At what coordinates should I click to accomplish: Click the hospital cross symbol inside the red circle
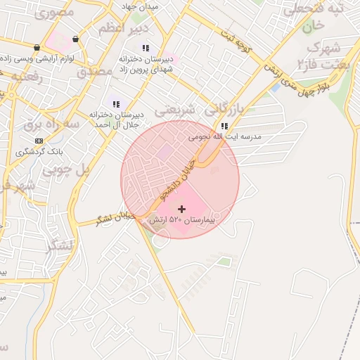[183, 209]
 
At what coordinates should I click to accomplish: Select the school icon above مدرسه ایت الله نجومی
[224, 127]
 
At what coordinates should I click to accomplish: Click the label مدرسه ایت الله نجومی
[224, 137]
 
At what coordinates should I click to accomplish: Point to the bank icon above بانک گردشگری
[39, 141]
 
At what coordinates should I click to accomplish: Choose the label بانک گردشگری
[39, 151]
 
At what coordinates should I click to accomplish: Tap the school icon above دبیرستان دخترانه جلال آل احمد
[116, 104]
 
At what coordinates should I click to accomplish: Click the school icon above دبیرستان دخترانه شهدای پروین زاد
[146, 48]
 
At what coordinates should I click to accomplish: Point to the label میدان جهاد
[141, 6]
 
